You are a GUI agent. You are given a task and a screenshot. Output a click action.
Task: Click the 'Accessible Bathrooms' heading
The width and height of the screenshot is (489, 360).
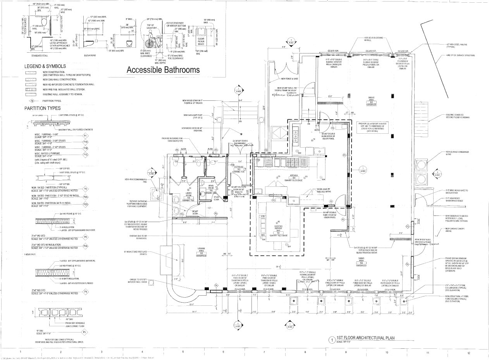point(163,70)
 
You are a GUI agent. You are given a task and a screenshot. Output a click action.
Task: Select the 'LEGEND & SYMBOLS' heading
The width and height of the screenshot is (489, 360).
point(45,66)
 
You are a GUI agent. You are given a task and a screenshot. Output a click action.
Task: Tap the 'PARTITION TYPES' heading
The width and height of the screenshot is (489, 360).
point(43,108)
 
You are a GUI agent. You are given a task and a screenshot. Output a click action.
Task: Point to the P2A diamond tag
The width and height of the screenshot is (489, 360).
point(86,197)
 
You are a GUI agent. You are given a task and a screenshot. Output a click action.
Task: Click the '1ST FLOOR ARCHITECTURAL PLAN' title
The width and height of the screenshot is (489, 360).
point(365,338)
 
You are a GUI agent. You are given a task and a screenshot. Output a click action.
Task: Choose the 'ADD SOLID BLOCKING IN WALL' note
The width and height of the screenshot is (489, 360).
point(374,38)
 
